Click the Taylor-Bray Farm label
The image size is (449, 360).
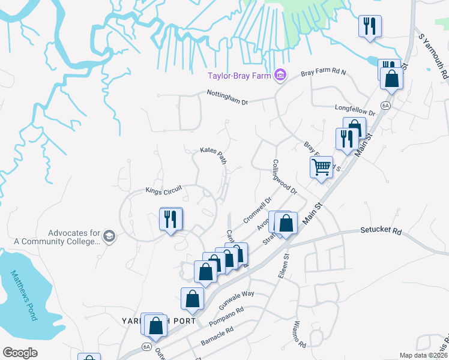point(238,76)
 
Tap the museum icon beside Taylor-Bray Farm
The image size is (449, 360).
point(279,76)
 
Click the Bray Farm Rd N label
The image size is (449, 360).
point(324,73)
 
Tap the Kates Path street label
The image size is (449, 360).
point(213,157)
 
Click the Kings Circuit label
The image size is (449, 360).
point(163,190)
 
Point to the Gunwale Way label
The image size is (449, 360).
point(240,298)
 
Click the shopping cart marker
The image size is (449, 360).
point(322,167)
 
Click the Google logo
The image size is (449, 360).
point(20,353)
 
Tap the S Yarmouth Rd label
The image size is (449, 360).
point(433,55)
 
